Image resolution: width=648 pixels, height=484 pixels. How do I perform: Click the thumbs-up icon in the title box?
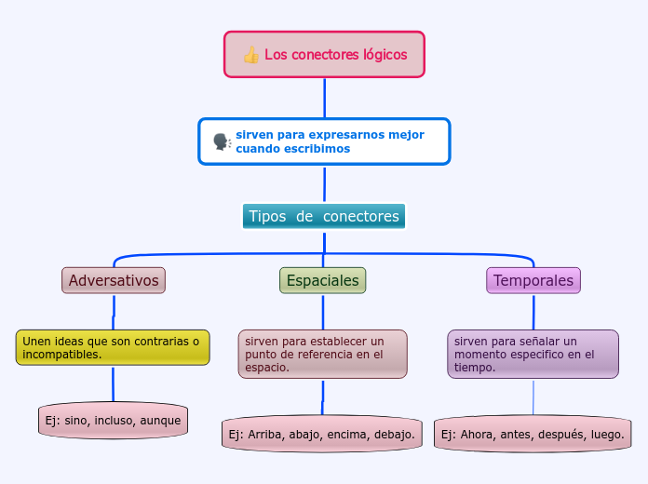pyautogui.click(x=250, y=55)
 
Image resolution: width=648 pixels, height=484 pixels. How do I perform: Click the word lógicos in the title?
pyautogui.click(x=385, y=55)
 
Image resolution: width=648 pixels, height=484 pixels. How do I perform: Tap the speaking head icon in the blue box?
pyautogui.click(x=222, y=141)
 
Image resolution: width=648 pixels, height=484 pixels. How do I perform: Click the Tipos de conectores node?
pyautogui.click(x=324, y=216)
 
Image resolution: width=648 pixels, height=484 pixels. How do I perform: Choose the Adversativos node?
pyautogui.click(x=114, y=280)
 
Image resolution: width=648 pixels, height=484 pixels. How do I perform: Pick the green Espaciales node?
pyautogui.click(x=322, y=280)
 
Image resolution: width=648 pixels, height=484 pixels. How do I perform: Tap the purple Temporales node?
pyautogui.click(x=533, y=280)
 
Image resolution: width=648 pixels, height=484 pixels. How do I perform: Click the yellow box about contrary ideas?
pyautogui.click(x=113, y=347)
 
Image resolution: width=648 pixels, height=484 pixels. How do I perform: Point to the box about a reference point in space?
pyautogui.click(x=322, y=354)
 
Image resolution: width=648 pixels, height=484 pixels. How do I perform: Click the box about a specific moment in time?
pyautogui.click(x=533, y=354)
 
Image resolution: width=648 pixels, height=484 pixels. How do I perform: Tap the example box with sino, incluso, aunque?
pyautogui.click(x=113, y=421)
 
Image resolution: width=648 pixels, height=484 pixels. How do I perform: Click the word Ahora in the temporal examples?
pyautogui.click(x=476, y=434)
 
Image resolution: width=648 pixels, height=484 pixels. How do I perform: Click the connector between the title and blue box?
pyautogui.click(x=324, y=98)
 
